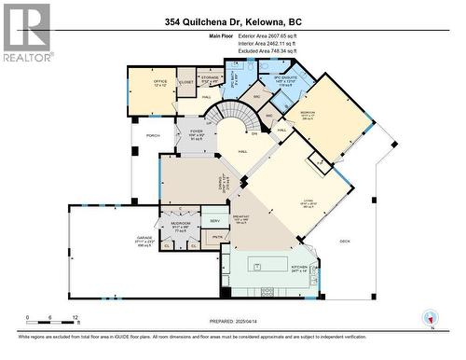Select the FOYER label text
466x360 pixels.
[197, 132]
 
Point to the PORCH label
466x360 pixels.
[152, 135]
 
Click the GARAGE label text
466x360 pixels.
[145, 239]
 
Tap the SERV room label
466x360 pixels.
[215, 220]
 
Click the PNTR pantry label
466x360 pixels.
[217, 238]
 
